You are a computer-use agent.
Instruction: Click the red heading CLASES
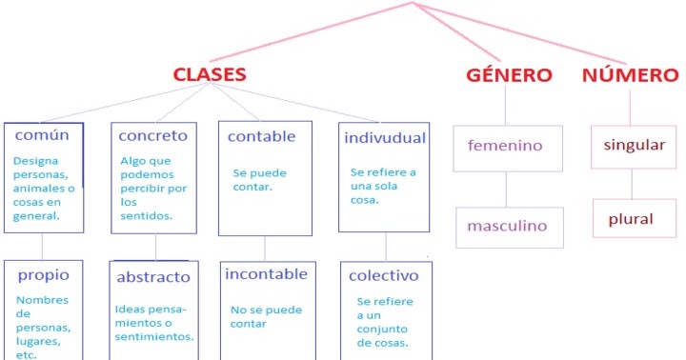[x=209, y=74]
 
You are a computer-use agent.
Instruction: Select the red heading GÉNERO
[x=509, y=75]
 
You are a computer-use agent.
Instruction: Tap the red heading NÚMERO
[x=630, y=75]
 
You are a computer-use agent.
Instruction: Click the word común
[x=42, y=135]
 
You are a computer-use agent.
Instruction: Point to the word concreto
[x=152, y=136]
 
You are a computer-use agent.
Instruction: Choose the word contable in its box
[x=261, y=136]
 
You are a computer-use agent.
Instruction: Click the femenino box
[x=505, y=147]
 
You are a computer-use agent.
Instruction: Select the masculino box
[x=507, y=227]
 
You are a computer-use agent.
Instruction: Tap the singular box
[x=632, y=146]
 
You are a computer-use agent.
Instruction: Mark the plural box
[x=631, y=219]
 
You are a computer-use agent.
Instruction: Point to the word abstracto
[x=153, y=277]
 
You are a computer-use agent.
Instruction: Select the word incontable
[x=266, y=274]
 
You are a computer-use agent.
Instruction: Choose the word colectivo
[x=384, y=276]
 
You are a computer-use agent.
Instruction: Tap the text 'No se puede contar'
[x=262, y=316]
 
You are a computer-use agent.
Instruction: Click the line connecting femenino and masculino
[x=506, y=190]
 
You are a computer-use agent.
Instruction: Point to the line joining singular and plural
[x=631, y=184]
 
